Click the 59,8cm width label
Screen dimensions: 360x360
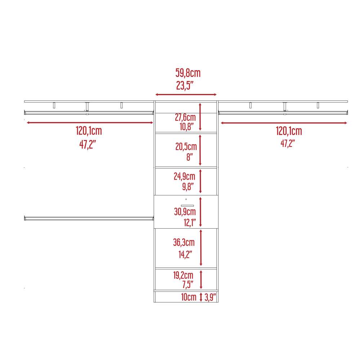188,73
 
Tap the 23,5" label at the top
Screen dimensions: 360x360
185,85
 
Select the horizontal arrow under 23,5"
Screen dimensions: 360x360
186,94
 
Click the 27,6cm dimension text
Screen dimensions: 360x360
185,117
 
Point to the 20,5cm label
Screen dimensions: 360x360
186,147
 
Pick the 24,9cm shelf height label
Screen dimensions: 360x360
184,176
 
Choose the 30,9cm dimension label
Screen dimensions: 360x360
185,212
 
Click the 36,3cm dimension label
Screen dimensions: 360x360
184,242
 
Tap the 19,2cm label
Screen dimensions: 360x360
183,275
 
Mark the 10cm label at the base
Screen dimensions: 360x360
189,297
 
